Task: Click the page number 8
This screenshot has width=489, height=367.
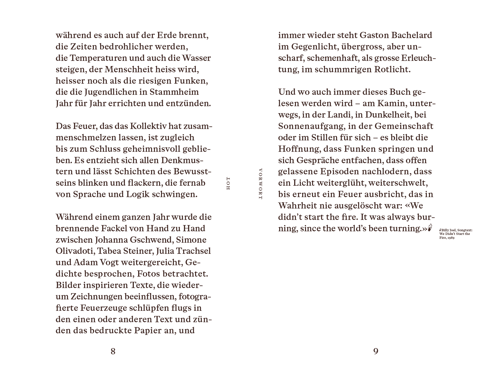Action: click(x=113, y=351)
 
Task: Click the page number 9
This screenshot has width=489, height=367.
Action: click(x=376, y=351)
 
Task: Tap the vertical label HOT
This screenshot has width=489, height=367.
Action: click(x=228, y=184)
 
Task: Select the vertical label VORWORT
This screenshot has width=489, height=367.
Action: click(x=260, y=184)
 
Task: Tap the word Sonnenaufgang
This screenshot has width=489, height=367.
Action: click(x=310, y=126)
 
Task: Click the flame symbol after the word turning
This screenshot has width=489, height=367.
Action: click(x=430, y=227)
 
